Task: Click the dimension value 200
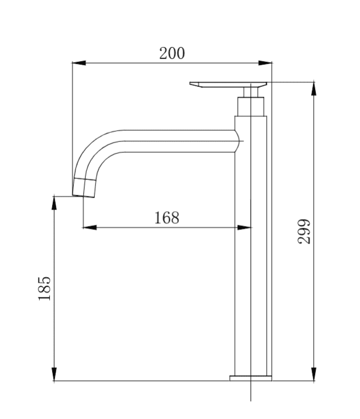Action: tap(172, 53)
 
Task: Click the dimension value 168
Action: tap(167, 217)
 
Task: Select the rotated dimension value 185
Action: tap(44, 288)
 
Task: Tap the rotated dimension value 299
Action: tap(304, 232)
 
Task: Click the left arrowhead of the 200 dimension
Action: tap(79, 63)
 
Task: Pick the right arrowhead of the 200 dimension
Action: tap(265, 63)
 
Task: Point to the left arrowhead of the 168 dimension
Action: tap(90, 228)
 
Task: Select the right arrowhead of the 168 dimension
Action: tap(244, 228)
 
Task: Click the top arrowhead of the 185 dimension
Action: tap(55, 203)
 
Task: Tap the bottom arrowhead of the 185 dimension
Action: tap(55, 374)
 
